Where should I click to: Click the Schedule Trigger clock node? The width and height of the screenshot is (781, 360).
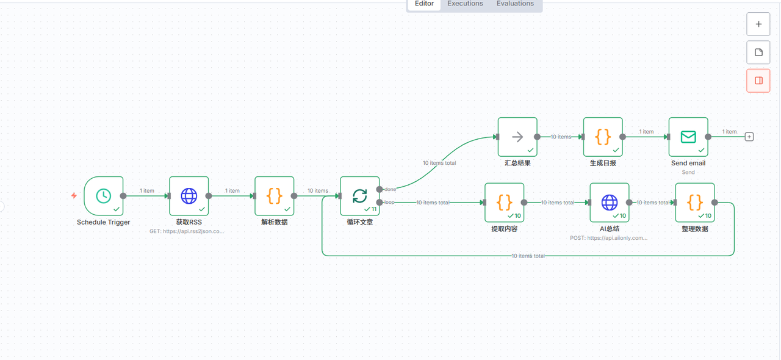coord(104,196)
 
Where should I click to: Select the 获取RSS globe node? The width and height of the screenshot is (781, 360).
coord(189,196)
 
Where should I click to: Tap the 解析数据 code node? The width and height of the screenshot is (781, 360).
coord(275,196)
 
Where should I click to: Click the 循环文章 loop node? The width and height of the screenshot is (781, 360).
coord(360,196)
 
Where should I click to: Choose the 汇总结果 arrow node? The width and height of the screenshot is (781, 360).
coord(517,137)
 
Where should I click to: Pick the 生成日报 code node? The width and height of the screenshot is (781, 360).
coord(603,137)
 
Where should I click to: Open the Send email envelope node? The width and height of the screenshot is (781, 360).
coord(688,137)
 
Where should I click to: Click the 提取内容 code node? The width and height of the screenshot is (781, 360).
coord(505,203)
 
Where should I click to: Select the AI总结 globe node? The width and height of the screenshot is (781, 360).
coord(610,203)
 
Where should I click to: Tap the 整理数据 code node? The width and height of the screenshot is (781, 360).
coord(695,203)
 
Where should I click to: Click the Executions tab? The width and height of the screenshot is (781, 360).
coord(465,4)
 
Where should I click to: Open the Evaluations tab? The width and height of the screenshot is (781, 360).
coord(515,4)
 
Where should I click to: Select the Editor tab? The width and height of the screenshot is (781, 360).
coord(424,4)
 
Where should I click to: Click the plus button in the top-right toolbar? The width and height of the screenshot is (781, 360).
coord(758,24)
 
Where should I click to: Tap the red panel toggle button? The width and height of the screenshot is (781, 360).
coord(758,81)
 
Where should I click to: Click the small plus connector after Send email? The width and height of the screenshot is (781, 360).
coord(749,137)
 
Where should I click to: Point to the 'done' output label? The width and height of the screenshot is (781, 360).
coord(390,189)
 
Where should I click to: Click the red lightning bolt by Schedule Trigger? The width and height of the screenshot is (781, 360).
coord(74,196)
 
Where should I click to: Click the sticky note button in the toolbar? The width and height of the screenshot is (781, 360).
coord(758,52)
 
